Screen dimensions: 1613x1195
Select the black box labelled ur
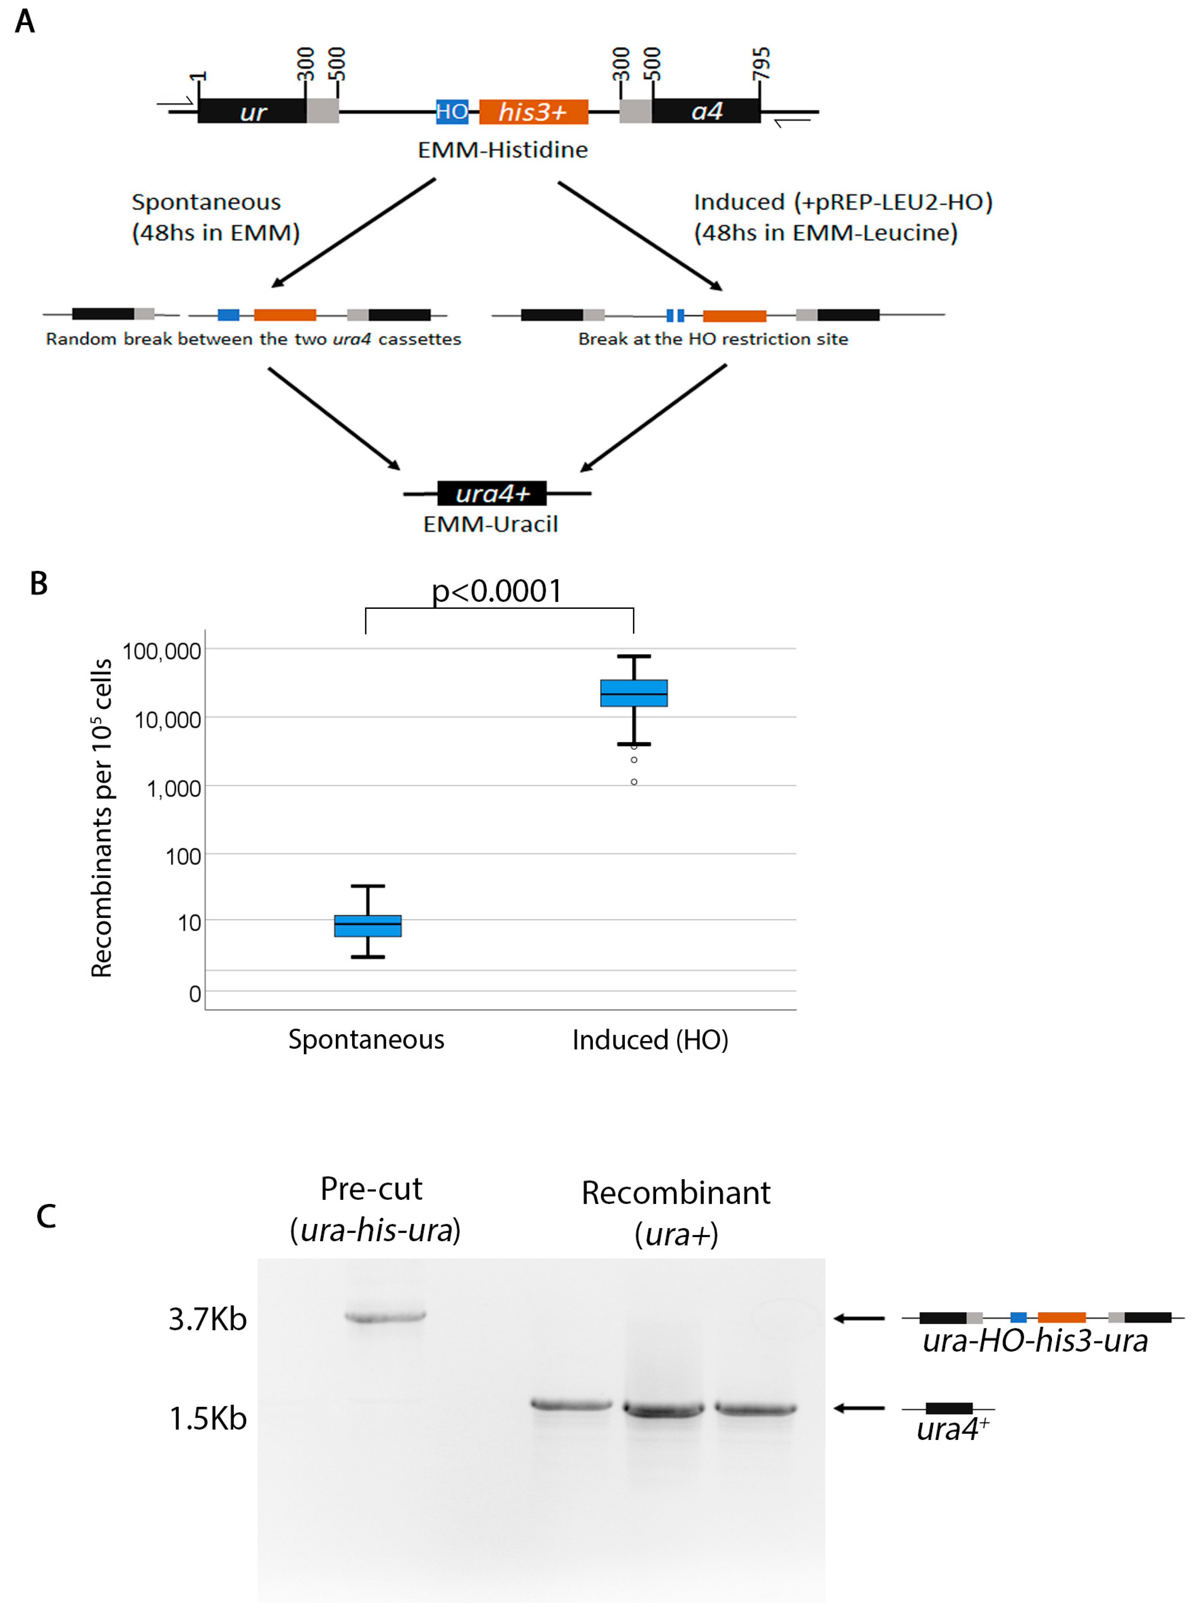pos(252,111)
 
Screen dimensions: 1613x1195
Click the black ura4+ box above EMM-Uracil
pos(492,494)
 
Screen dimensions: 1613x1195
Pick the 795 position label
pos(761,64)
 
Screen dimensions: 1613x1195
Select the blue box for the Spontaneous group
pos(367,925)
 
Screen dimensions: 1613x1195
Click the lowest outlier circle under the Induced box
pos(634,782)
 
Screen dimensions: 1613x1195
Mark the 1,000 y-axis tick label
pos(173,788)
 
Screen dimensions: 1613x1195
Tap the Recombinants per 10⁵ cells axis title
pos(101,818)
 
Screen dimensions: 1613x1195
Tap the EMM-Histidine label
pos(503,150)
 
